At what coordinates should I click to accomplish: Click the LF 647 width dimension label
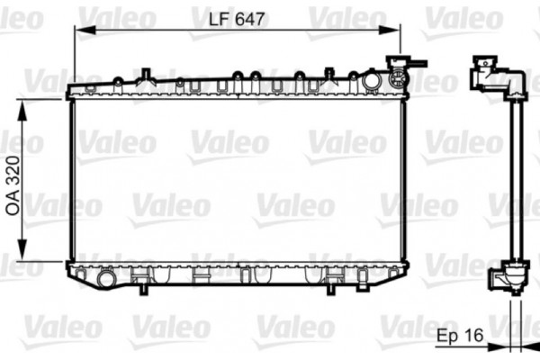click(x=235, y=17)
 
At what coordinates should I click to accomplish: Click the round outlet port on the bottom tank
click(x=107, y=279)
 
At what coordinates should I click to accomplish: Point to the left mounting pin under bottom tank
click(x=142, y=286)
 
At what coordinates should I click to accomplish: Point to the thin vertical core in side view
click(x=515, y=180)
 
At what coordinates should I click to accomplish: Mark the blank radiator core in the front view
click(x=238, y=180)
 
